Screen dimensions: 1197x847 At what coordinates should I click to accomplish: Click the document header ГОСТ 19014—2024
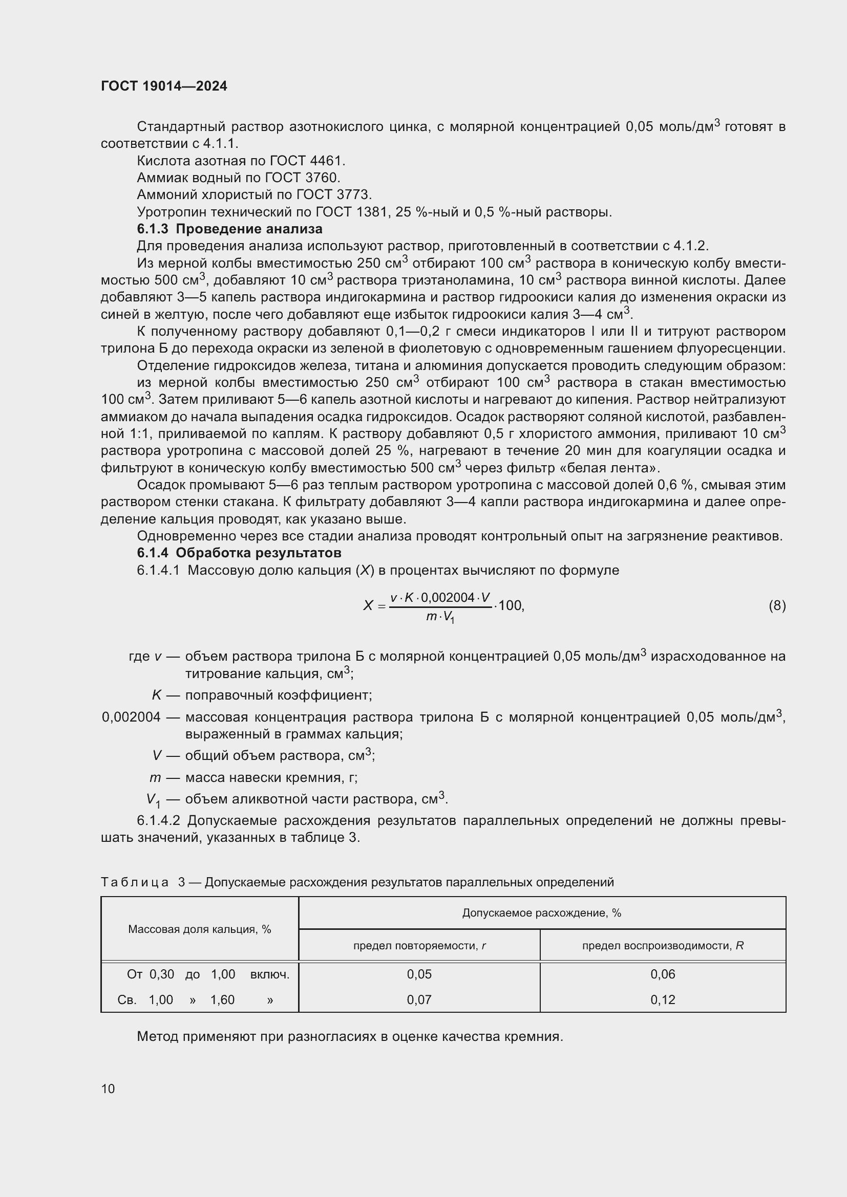click(x=164, y=86)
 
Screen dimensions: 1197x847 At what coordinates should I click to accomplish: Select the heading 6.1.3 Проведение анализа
click(x=229, y=229)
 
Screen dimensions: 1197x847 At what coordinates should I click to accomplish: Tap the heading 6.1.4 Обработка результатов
click(x=239, y=553)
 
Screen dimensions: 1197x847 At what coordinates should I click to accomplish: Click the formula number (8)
click(x=777, y=605)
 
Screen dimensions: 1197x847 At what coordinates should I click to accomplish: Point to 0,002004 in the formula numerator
click(x=447, y=597)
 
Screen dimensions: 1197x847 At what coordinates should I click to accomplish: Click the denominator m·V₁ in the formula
click(x=440, y=617)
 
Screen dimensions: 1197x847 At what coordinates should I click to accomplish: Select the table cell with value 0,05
click(x=419, y=974)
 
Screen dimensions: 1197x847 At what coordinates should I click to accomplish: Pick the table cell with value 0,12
click(x=662, y=1000)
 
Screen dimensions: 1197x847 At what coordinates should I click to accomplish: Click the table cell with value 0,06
click(x=662, y=974)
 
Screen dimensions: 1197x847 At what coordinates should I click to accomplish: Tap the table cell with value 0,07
click(x=419, y=1000)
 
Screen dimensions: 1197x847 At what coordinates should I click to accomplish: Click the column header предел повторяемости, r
click(x=419, y=946)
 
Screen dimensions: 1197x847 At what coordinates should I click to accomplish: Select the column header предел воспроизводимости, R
click(x=662, y=946)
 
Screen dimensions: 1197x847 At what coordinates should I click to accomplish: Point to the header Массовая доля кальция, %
click(x=199, y=929)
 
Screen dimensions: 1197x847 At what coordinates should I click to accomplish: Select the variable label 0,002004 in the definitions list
click(x=131, y=717)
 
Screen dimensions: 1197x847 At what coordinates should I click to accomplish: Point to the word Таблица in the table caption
click(x=135, y=883)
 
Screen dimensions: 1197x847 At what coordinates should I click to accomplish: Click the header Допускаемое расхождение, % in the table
click(x=541, y=913)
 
